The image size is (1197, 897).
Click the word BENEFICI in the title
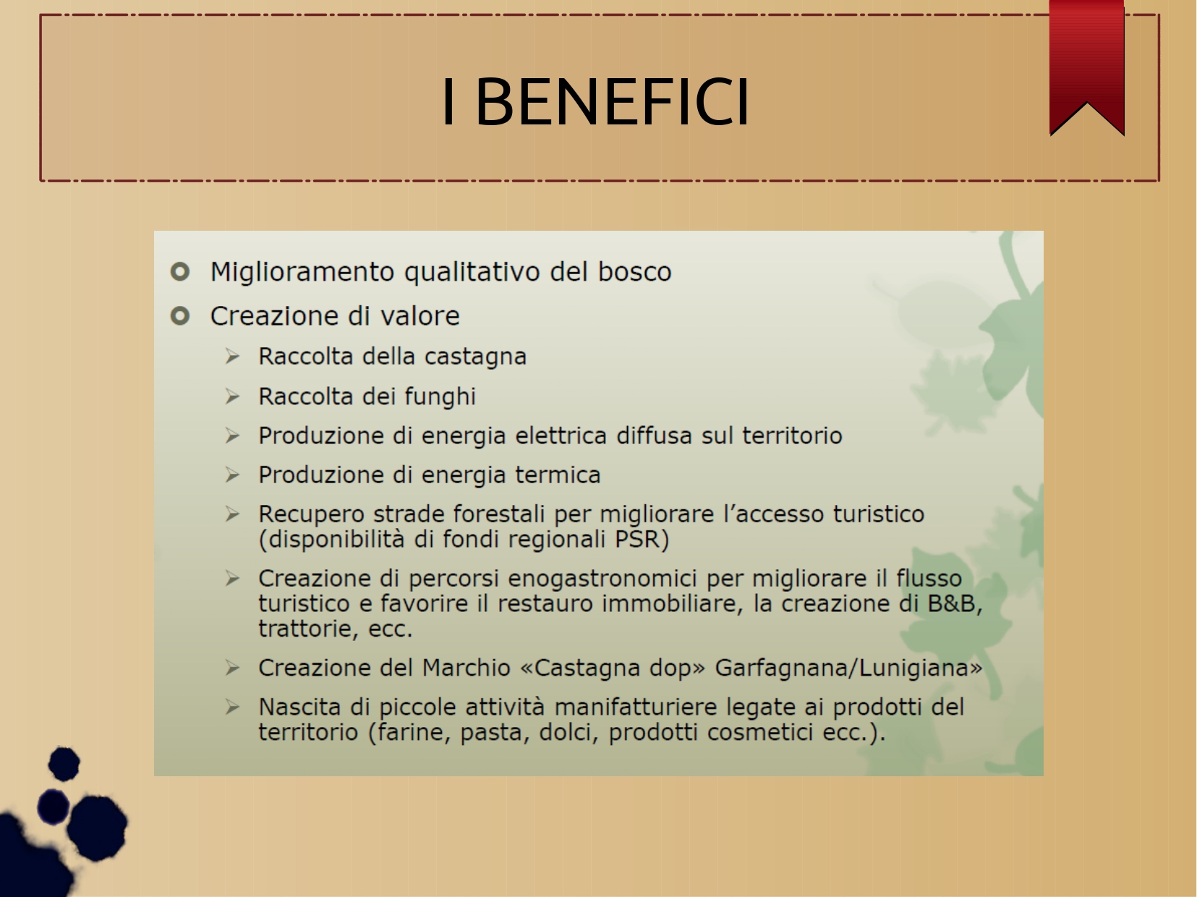coord(613,102)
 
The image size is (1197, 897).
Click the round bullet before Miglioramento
coord(180,271)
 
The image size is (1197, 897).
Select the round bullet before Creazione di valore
coord(180,315)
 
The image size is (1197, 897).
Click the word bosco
coord(635,271)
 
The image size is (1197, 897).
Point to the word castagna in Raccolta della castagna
coord(475,357)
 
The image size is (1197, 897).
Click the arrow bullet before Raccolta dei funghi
coord(232,396)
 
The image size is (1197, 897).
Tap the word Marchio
coord(466,668)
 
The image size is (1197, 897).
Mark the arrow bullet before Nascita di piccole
coord(232,707)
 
